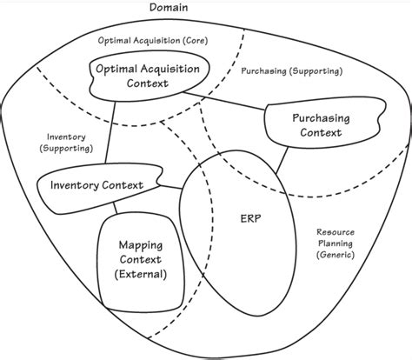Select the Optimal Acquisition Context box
click(151, 75)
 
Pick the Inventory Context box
click(98, 185)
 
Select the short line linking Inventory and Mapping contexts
click(115, 209)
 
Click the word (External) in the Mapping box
click(141, 274)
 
